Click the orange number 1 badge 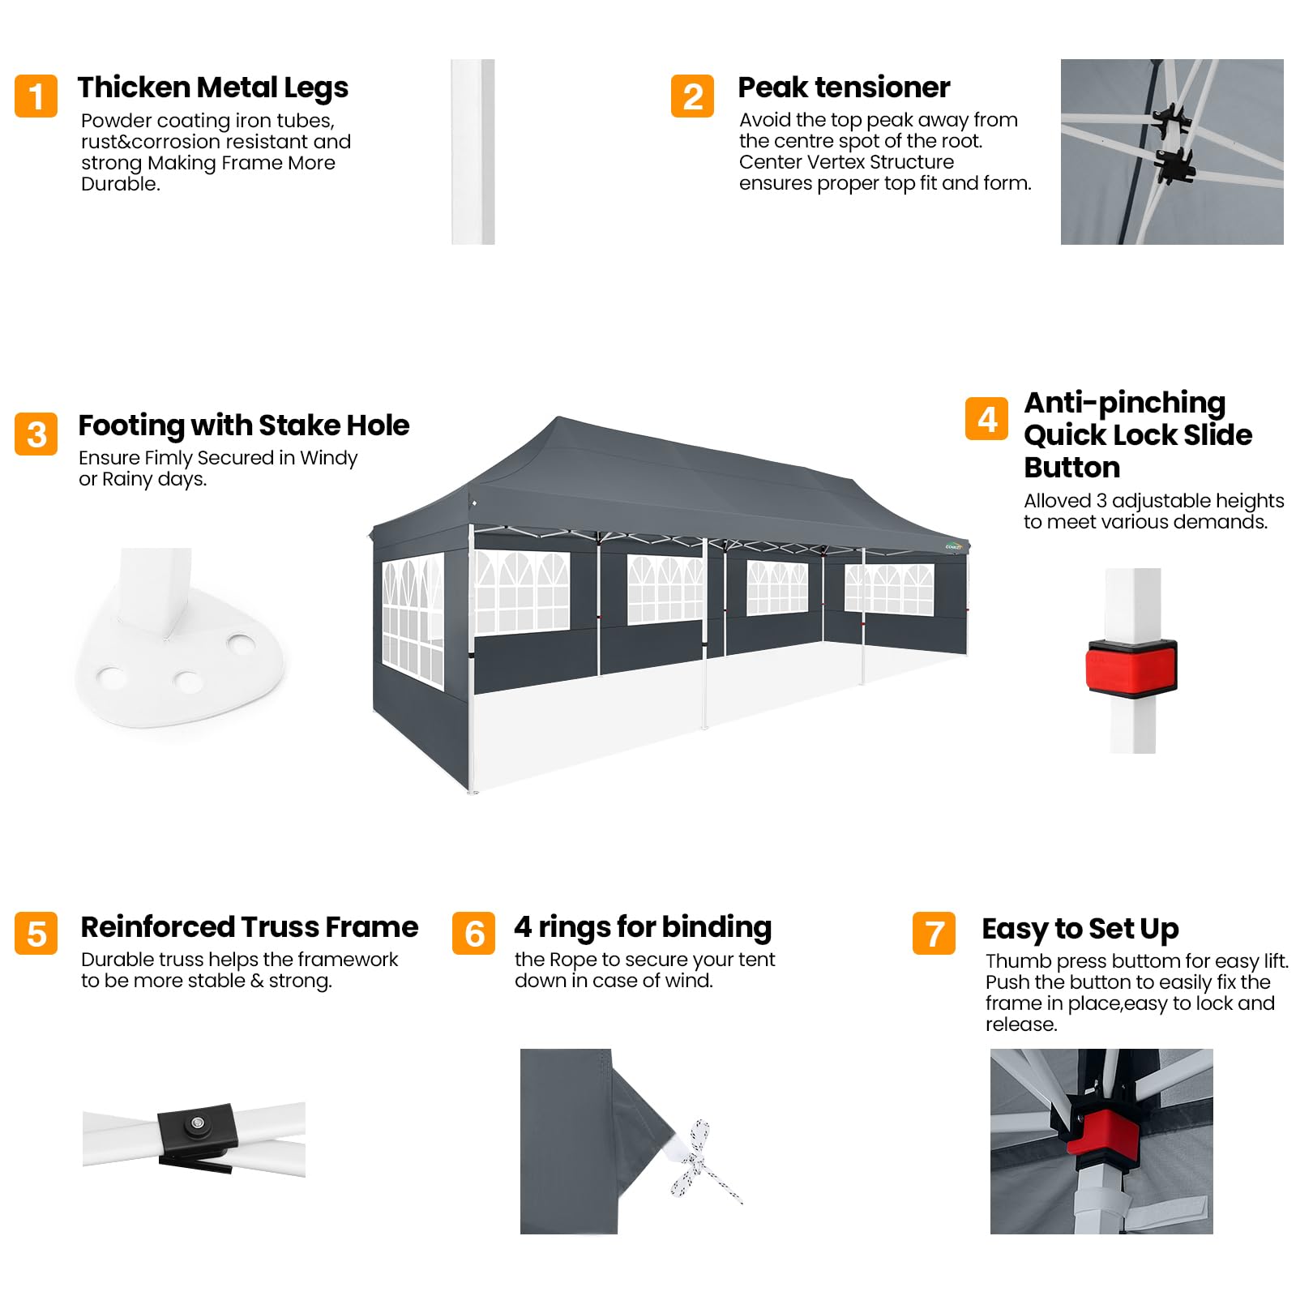(36, 96)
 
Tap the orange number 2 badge (693, 96)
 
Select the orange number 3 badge (36, 434)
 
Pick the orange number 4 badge (987, 418)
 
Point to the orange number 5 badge (36, 933)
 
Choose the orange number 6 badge (474, 933)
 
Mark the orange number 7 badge (934, 933)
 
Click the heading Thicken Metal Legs (213, 88)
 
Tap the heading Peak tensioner (844, 87)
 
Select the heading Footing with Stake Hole (244, 426)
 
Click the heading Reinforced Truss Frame (250, 926)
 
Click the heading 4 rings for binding (643, 927)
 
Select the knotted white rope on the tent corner (702, 1161)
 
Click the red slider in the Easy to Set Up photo (1102, 1131)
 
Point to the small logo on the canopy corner (954, 546)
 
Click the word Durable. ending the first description (121, 184)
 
